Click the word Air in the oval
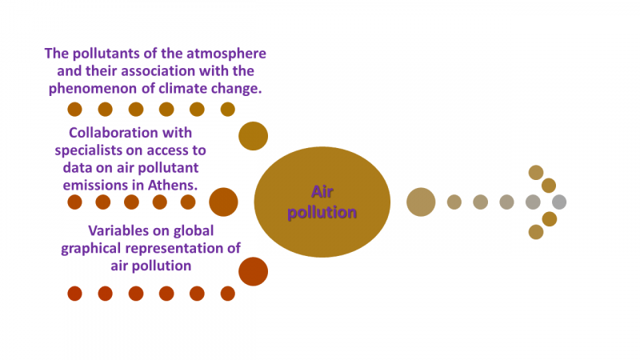click(x=322, y=191)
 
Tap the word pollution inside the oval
click(x=322, y=213)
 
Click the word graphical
click(x=95, y=247)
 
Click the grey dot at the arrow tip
click(x=559, y=202)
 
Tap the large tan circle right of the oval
click(x=421, y=202)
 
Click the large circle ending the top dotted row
click(x=253, y=136)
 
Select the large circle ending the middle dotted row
click(x=223, y=202)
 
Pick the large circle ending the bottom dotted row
click(x=253, y=271)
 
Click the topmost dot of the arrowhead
click(x=536, y=172)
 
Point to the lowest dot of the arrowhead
click(x=536, y=232)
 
